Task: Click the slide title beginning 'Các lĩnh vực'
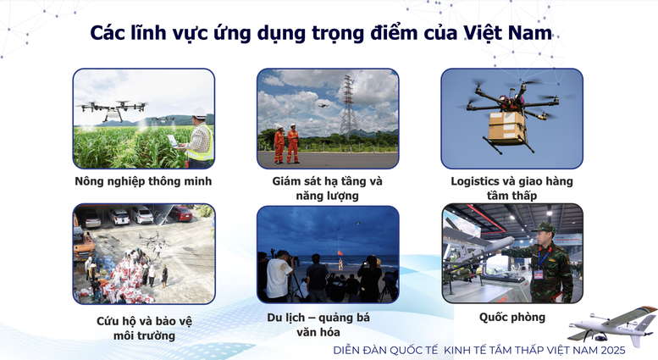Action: (321, 33)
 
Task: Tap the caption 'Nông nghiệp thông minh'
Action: (143, 181)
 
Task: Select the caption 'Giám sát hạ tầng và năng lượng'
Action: (327, 188)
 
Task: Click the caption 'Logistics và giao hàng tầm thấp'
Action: (511, 188)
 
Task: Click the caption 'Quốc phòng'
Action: (511, 318)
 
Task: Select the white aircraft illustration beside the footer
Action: (612, 322)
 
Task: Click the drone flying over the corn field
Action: (113, 108)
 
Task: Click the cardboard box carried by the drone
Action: (506, 127)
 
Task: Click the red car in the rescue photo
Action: (180, 213)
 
